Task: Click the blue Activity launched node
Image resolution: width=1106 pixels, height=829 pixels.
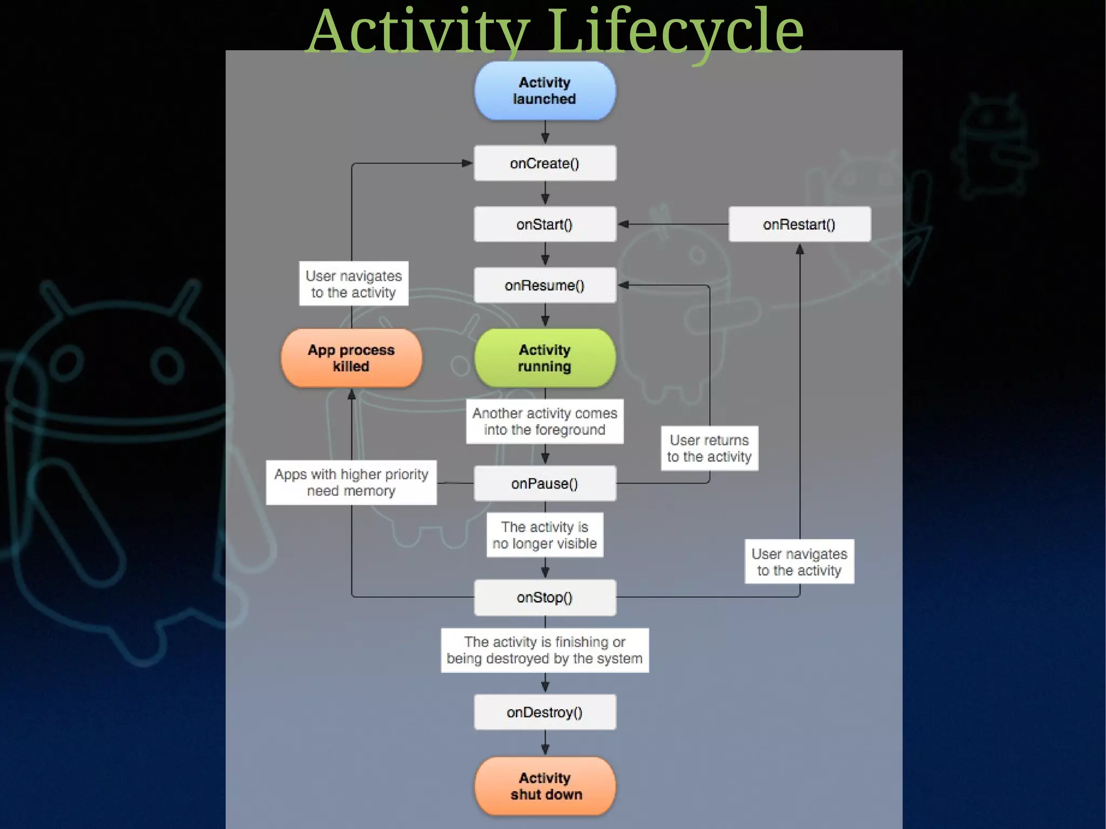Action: (x=544, y=91)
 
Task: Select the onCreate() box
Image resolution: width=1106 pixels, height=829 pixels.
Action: (x=544, y=163)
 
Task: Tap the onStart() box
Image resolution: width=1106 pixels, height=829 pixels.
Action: (x=544, y=224)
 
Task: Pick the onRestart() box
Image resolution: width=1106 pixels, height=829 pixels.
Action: (x=799, y=224)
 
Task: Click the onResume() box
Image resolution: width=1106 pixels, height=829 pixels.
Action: (x=544, y=285)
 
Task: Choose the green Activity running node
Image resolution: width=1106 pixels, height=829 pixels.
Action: (x=544, y=358)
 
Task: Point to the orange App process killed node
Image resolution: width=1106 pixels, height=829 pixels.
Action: (x=351, y=358)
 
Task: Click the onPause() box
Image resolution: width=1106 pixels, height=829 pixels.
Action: (x=544, y=483)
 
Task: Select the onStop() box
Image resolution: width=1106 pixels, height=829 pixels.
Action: (x=544, y=597)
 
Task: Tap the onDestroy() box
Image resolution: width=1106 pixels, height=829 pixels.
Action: (x=544, y=712)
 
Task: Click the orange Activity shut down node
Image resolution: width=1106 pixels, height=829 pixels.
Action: (x=544, y=786)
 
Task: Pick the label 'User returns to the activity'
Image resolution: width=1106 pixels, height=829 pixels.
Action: (x=709, y=448)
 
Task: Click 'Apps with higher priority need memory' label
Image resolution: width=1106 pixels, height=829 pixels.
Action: (x=351, y=482)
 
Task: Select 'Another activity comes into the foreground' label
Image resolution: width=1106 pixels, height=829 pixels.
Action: (x=544, y=421)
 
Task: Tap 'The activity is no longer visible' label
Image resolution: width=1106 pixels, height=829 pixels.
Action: (x=544, y=535)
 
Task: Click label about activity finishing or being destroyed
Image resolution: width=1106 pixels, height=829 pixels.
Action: (x=544, y=650)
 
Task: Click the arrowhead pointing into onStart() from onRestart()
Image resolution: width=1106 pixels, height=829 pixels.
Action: (x=623, y=224)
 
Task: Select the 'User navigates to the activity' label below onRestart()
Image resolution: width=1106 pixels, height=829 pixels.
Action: (x=799, y=562)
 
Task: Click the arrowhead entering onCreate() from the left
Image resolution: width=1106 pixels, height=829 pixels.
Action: (x=467, y=163)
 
